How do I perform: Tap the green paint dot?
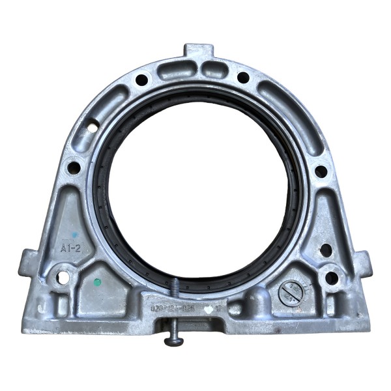point(97,283)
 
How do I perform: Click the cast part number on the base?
point(173,307)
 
